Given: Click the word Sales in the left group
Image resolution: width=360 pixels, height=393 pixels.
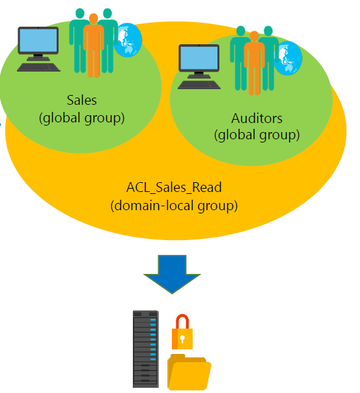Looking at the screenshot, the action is [82, 100].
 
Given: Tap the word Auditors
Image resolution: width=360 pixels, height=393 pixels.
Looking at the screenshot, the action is [256, 118].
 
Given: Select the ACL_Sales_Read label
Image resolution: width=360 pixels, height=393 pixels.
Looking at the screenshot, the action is [174, 188].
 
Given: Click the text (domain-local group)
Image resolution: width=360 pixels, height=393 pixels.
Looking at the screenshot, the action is [174, 206].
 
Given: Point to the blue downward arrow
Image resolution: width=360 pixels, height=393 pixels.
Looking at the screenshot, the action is [172, 274].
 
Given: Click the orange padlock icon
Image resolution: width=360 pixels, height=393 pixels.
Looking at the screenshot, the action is [182, 332].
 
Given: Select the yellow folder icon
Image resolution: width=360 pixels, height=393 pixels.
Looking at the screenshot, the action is [189, 372].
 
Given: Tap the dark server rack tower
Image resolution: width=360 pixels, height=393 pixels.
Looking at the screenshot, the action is [146, 349].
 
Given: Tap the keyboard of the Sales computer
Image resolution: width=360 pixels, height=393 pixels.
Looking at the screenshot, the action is [38, 67].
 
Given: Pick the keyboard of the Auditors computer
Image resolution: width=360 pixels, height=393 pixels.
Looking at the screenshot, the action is [199, 85].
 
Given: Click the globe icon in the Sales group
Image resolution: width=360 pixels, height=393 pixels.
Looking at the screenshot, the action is [128, 40].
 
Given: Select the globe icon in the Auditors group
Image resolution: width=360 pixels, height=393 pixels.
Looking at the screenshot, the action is [288, 58].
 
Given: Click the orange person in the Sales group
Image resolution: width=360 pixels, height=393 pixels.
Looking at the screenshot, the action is [94, 46].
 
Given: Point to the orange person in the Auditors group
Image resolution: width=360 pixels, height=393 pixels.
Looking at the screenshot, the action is [254, 63].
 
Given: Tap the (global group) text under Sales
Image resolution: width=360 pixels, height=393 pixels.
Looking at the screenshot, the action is [82, 118].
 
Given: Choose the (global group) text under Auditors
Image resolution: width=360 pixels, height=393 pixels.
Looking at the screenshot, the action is [256, 135].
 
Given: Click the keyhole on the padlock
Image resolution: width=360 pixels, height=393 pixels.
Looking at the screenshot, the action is [182, 339].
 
